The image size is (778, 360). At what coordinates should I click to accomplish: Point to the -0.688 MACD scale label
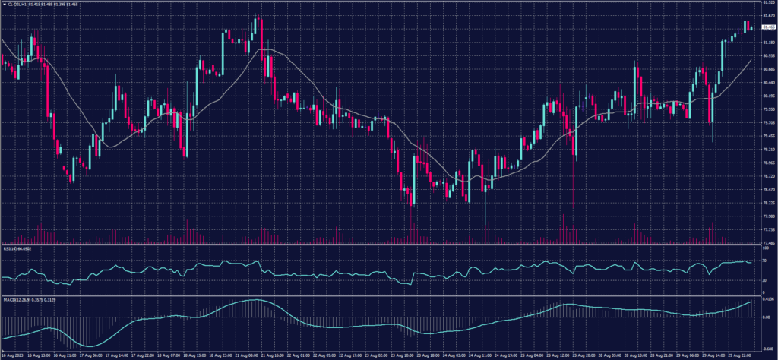point(767,346)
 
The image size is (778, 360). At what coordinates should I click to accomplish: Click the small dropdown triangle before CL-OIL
point(4,4)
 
